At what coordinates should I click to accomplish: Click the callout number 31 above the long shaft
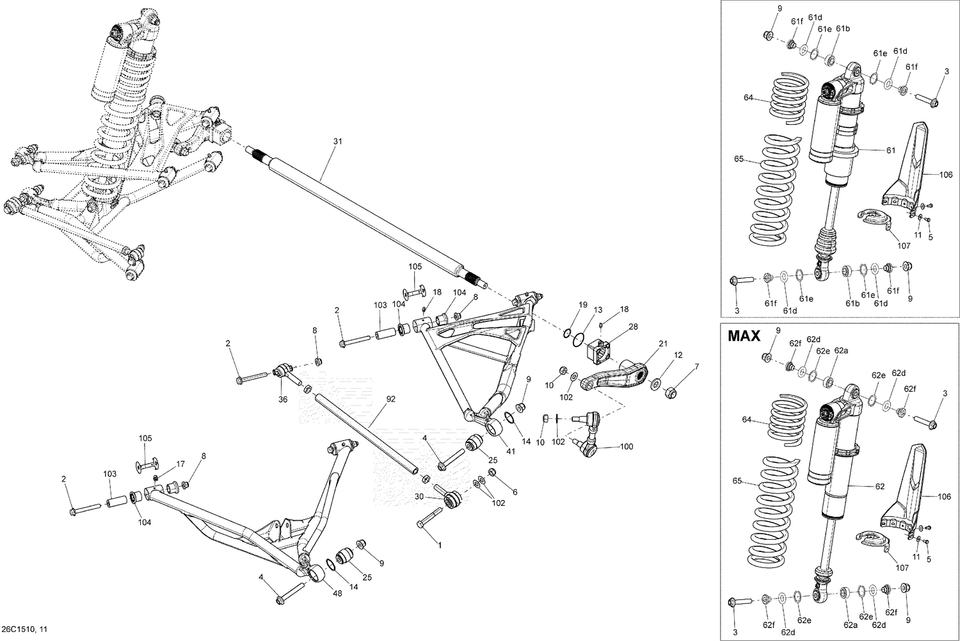point(337,141)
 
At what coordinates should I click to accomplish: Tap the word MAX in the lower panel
point(744,335)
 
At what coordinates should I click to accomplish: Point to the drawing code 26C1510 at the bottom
point(24,629)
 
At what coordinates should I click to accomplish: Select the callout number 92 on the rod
point(391,400)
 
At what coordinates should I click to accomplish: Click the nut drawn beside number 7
point(671,392)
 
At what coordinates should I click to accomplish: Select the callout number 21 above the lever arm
point(662,343)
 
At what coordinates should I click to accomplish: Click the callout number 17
point(180,464)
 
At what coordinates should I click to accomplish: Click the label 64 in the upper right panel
point(749,98)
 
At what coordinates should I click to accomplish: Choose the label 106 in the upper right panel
point(946,174)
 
